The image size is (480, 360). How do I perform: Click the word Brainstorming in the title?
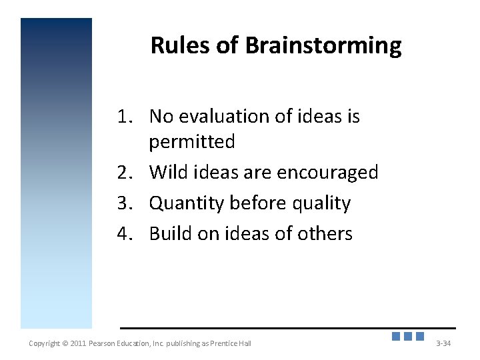click(323, 46)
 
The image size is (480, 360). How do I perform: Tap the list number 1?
click(123, 117)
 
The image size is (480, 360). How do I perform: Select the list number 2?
click(123, 173)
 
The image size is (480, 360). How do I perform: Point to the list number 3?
click(123, 203)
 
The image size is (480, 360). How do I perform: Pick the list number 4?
click(123, 234)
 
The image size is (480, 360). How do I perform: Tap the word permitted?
click(192, 142)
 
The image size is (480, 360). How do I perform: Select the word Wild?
click(169, 173)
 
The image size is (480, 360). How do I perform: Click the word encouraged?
click(327, 173)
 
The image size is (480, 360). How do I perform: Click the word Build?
click(170, 234)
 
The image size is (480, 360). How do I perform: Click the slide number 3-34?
click(443, 343)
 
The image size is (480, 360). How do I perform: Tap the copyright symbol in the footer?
click(65, 343)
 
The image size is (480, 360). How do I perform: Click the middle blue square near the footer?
click(408, 337)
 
